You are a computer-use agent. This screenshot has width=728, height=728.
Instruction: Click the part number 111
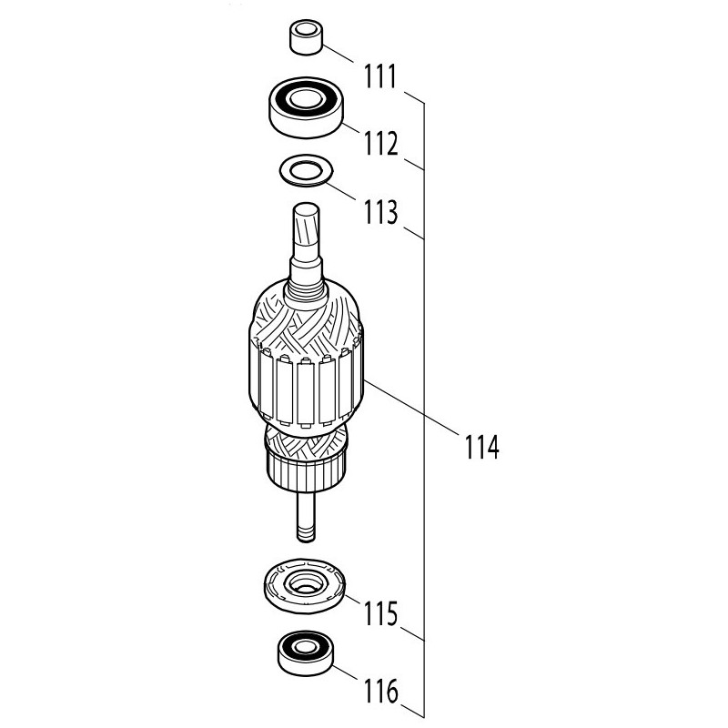click(x=380, y=77)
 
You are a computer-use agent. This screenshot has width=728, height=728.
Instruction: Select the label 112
click(x=380, y=144)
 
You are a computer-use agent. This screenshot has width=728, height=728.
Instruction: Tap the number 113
click(x=380, y=212)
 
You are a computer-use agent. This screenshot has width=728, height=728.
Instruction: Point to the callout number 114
click(x=482, y=447)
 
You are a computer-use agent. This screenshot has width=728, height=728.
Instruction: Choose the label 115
click(x=380, y=613)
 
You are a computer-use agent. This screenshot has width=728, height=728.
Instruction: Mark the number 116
click(x=380, y=691)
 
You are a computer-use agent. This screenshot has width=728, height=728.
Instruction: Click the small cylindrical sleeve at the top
click(x=306, y=37)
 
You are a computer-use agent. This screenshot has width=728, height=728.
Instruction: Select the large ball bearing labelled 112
click(x=306, y=107)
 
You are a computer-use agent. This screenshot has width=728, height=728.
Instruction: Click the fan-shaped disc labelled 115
click(x=304, y=586)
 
